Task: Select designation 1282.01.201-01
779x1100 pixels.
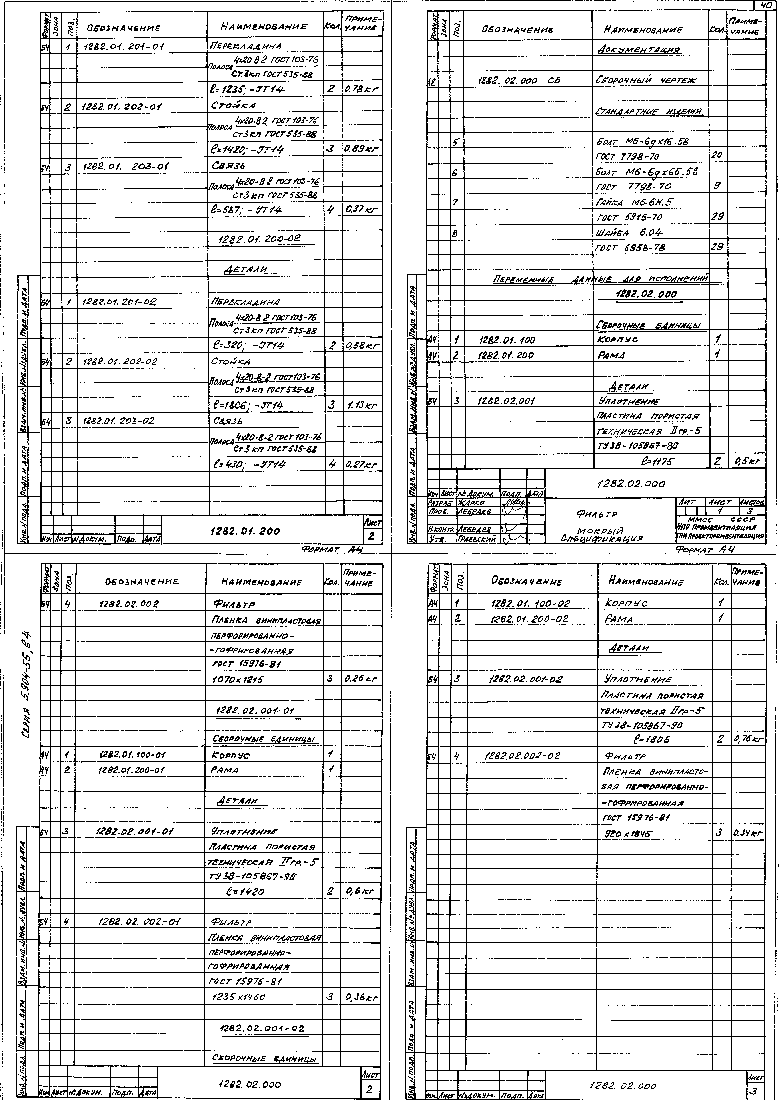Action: (124, 47)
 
